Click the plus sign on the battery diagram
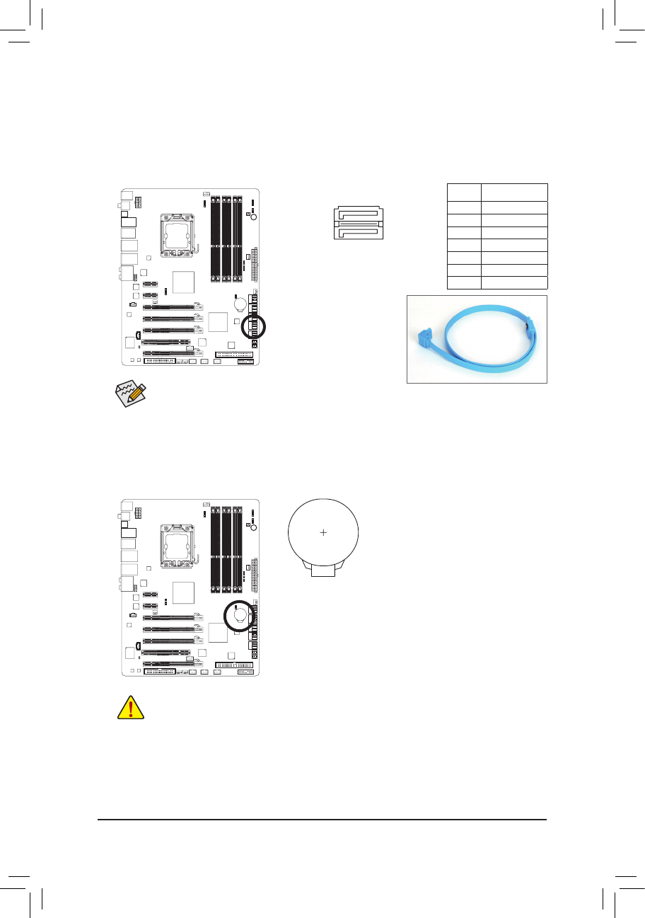point(322,532)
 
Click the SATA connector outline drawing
point(359,223)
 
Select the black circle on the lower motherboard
point(238,615)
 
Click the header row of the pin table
point(497,191)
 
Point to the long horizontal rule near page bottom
point(322,820)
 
